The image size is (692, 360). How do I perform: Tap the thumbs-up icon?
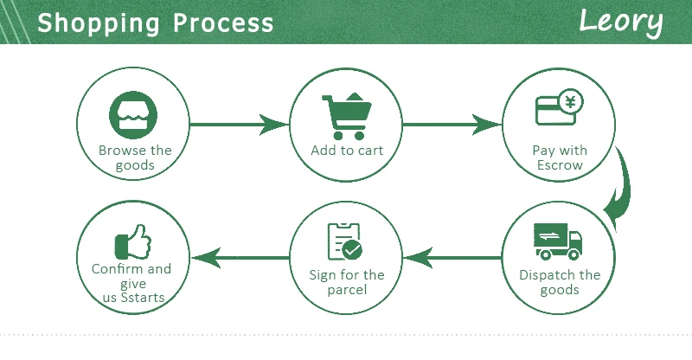pyautogui.click(x=132, y=237)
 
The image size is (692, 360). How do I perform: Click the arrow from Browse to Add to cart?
pyautogui.click(x=238, y=125)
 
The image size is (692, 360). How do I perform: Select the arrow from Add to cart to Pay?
pyautogui.click(x=451, y=125)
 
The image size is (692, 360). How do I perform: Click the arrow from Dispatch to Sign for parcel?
pyautogui.click(x=453, y=256)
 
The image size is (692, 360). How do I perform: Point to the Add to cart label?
pyautogui.click(x=346, y=150)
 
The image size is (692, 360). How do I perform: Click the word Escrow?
pyautogui.click(x=560, y=164)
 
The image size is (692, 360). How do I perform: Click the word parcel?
pyautogui.click(x=346, y=289)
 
